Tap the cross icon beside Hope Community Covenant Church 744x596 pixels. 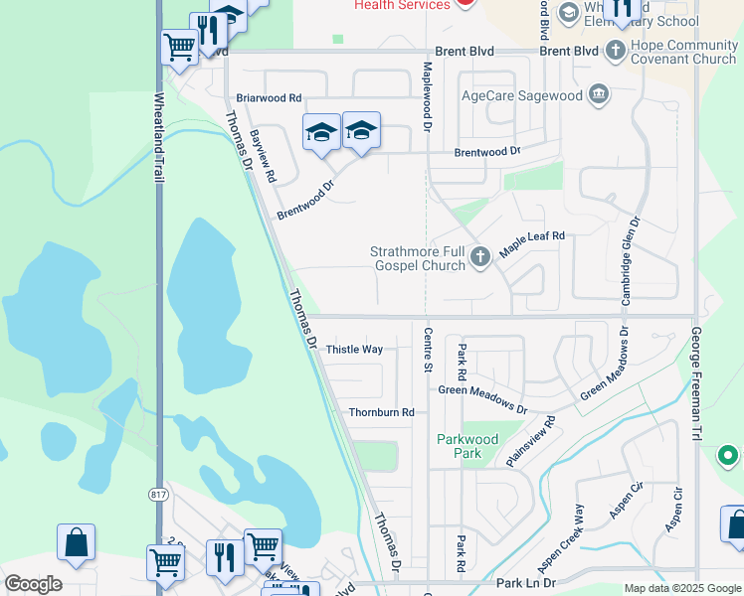[616, 48]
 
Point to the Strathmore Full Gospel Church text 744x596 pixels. [418, 258]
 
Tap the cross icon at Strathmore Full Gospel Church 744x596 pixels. [480, 258]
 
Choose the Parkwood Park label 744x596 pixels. [467, 446]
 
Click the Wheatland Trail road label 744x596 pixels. [158, 137]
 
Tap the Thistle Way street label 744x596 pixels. [355, 350]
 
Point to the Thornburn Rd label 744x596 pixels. [381, 412]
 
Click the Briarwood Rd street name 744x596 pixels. [269, 98]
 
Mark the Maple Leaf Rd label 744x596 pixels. [532, 242]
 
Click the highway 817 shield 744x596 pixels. [158, 495]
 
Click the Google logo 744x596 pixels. [33, 584]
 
